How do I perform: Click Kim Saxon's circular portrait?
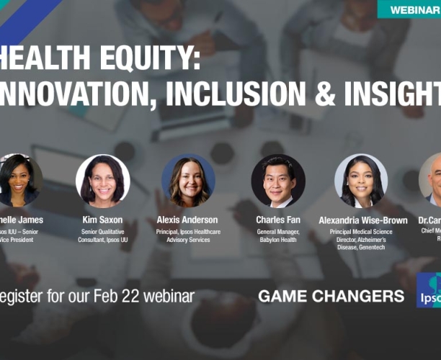(103, 181)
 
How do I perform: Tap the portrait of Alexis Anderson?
(189, 181)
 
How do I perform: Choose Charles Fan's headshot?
(277, 181)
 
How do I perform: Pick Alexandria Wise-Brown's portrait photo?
(361, 181)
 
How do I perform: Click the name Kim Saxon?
(103, 220)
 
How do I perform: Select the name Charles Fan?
(277, 220)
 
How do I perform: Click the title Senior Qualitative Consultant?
(103, 235)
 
